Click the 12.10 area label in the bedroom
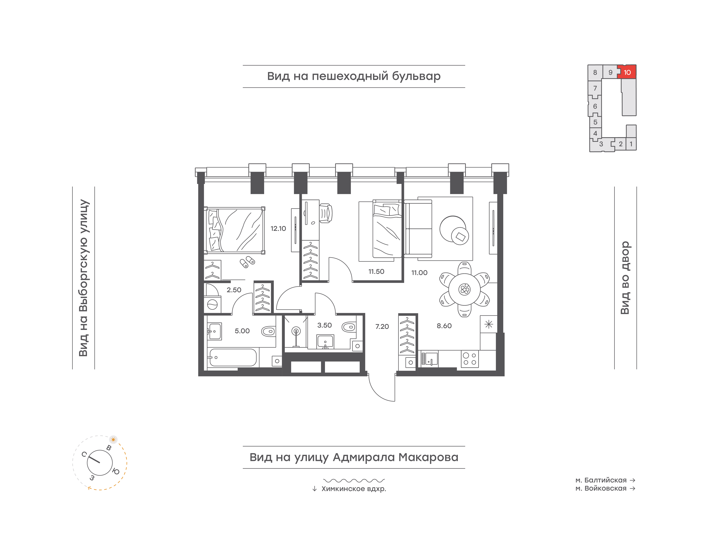pyautogui.click(x=278, y=228)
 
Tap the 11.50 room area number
pyautogui.click(x=376, y=271)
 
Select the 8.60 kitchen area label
pyautogui.click(x=444, y=326)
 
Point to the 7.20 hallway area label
pyautogui.click(x=382, y=326)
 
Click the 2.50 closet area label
pyautogui.click(x=234, y=290)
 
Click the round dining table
pyautogui.click(x=464, y=289)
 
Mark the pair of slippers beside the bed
pyautogui.click(x=247, y=262)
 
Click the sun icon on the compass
pyautogui.click(x=113, y=439)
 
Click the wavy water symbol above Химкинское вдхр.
pyautogui.click(x=354, y=480)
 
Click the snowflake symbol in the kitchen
pyautogui.click(x=489, y=324)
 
